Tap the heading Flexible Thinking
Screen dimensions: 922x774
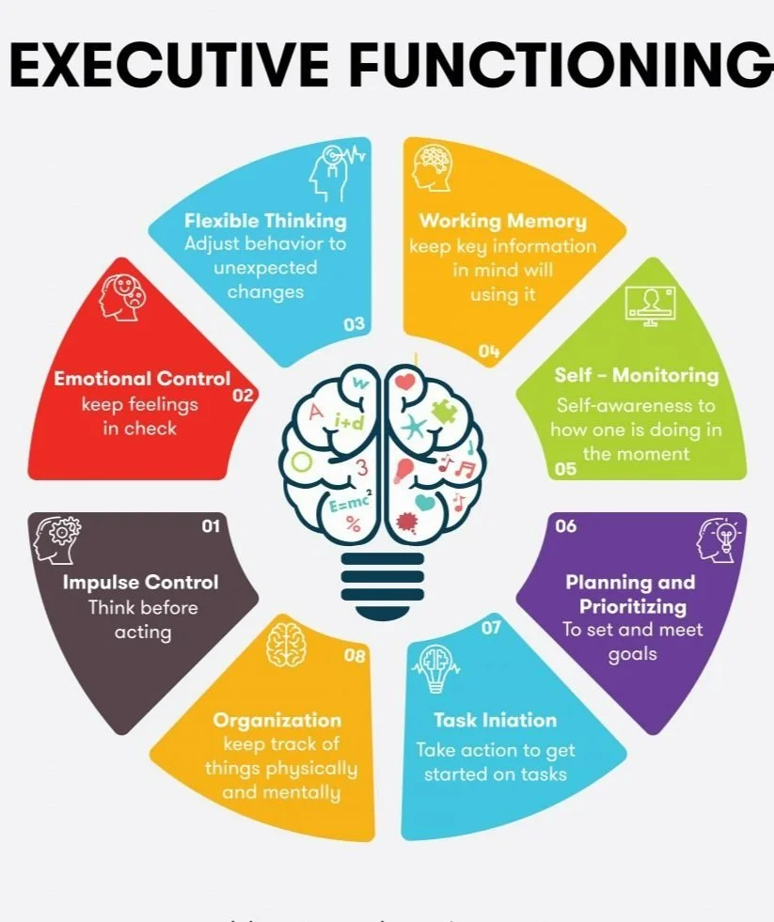[265, 221]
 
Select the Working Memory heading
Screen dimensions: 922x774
[502, 221]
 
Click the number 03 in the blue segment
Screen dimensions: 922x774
[354, 324]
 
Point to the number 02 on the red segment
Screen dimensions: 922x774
[244, 396]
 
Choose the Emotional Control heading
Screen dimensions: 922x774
[142, 379]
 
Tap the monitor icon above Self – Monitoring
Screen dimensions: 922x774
[650, 306]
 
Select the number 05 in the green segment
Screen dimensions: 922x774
[566, 468]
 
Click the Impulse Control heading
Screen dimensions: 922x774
[141, 583]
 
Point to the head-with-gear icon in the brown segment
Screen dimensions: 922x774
[57, 540]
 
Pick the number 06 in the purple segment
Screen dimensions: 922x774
[565, 526]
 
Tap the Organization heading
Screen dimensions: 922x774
[277, 720]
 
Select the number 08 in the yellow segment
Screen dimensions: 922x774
[355, 656]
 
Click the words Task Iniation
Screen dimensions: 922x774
[495, 720]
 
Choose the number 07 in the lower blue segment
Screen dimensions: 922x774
[491, 627]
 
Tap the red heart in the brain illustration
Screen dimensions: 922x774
[405, 383]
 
